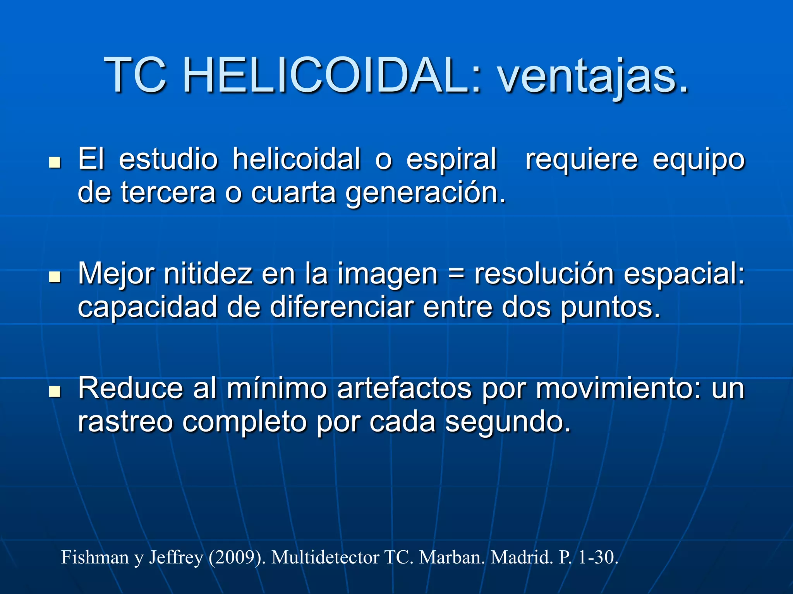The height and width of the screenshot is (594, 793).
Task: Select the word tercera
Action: point(168,193)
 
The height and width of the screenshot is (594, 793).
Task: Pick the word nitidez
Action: point(208,274)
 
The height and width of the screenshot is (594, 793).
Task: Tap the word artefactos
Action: point(404,388)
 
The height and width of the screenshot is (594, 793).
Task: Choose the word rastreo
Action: point(125,422)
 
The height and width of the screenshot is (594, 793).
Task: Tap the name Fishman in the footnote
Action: point(95,558)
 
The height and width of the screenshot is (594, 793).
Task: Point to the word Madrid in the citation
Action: point(522,558)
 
